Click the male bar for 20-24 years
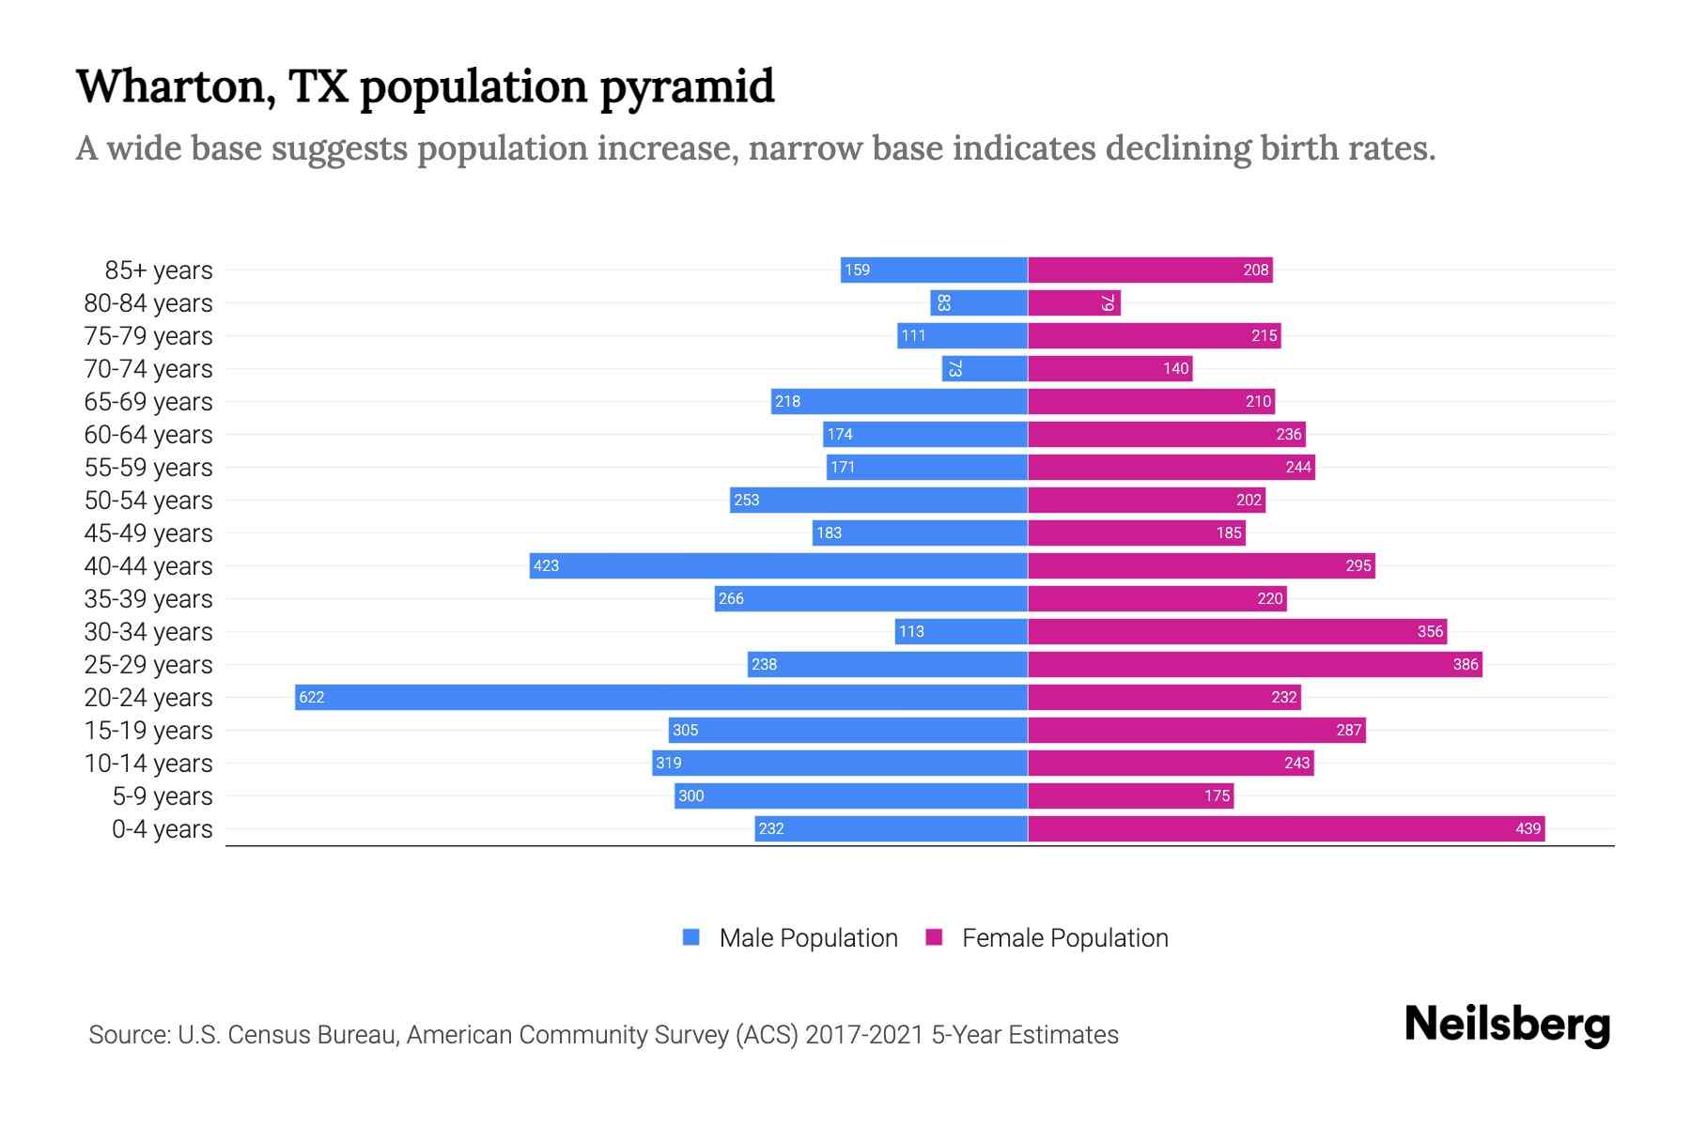click(x=661, y=697)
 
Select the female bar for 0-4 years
click(x=1286, y=828)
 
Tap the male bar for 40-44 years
click(x=779, y=565)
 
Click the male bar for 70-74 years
click(x=985, y=368)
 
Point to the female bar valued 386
click(x=1255, y=664)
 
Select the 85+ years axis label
click(x=159, y=270)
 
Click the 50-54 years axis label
click(x=148, y=501)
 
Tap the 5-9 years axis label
click(x=163, y=796)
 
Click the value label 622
click(x=311, y=697)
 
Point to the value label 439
click(x=1528, y=828)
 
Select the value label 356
click(x=1430, y=631)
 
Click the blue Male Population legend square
click(x=691, y=937)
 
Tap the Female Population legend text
click(x=1064, y=937)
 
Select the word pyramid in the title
click(x=687, y=88)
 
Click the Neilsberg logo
click(x=1507, y=1025)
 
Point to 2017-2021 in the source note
click(x=864, y=1035)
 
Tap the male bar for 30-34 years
click(x=961, y=631)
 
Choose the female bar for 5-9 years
click(x=1131, y=795)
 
